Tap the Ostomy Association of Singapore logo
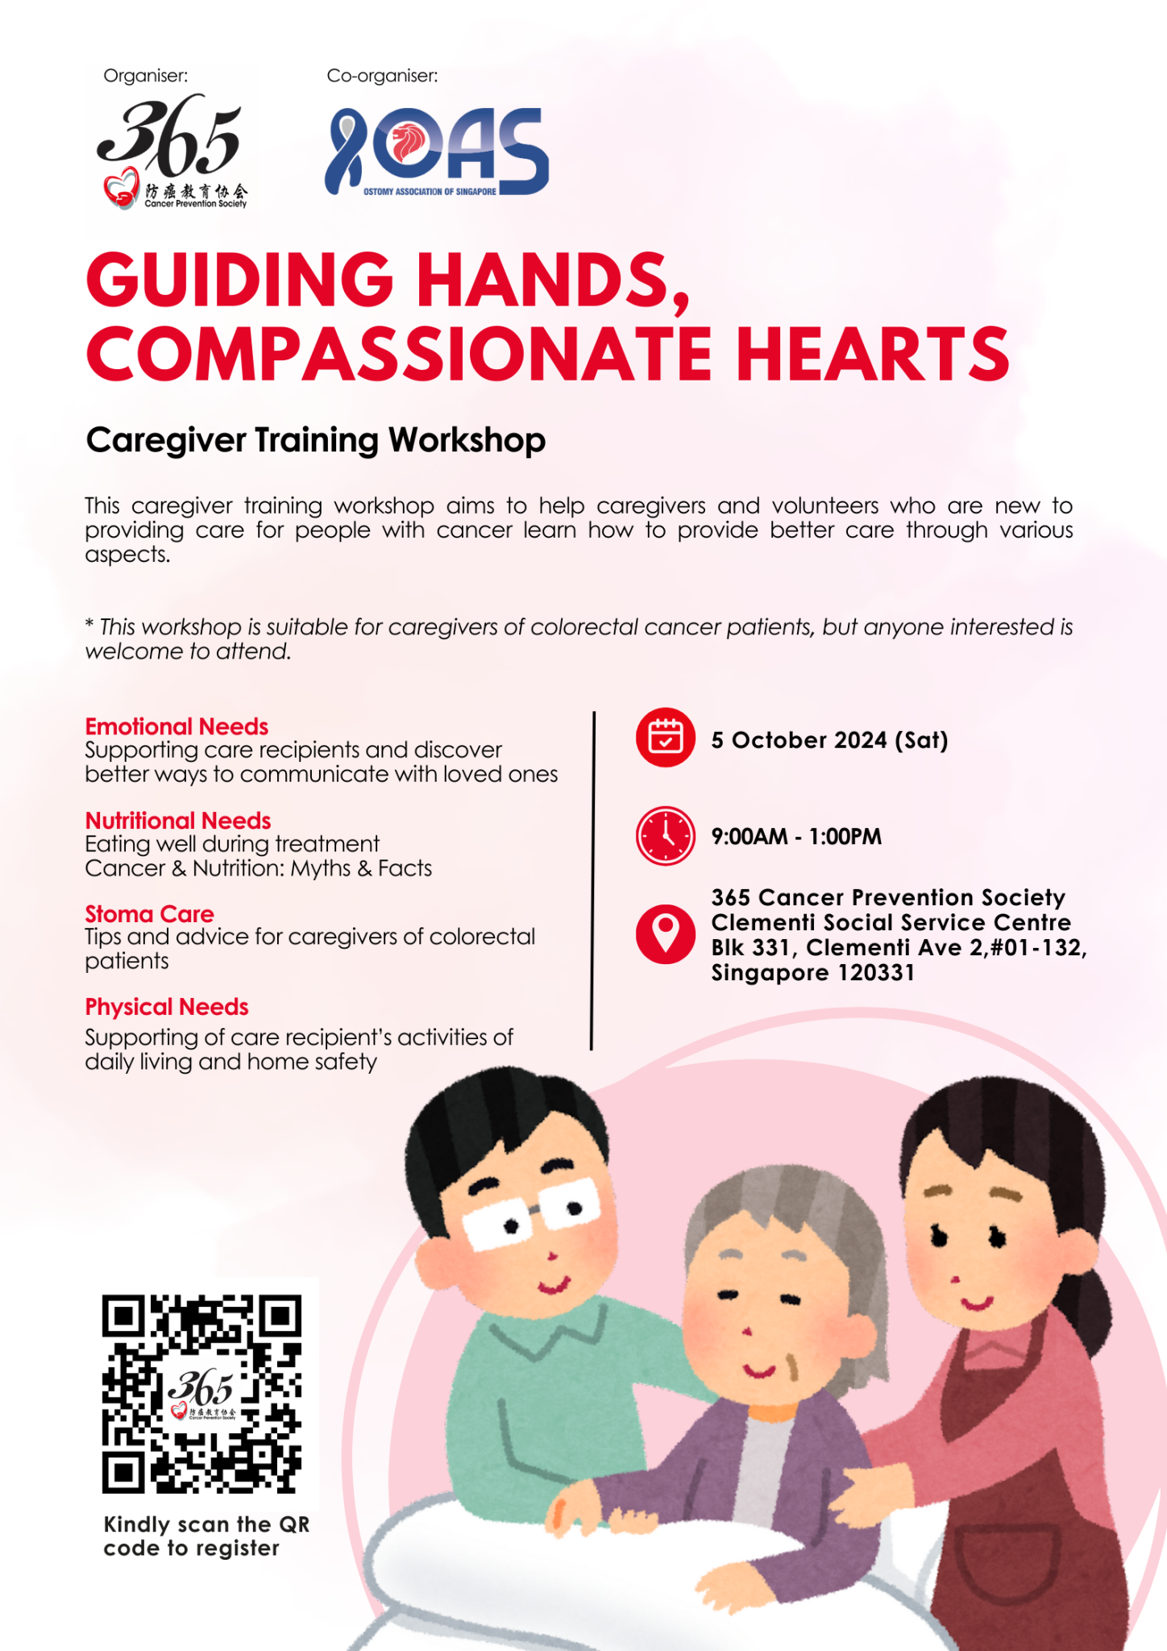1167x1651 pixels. pos(437,152)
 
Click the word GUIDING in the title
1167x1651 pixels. pos(239,279)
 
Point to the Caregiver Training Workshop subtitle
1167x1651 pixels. pos(316,441)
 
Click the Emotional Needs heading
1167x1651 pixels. pos(177,726)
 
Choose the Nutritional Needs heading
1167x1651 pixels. pos(178,821)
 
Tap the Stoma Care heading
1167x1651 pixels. pos(149,914)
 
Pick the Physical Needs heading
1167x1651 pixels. pos(167,1008)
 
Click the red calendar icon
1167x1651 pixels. pos(665,738)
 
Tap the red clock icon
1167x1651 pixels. pos(665,836)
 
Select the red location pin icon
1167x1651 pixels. pos(665,934)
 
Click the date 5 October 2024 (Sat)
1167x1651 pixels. pos(829,740)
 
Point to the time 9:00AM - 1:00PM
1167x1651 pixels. pos(796,837)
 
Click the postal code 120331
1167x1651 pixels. pos(876,972)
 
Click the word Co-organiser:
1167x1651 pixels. pos(382,76)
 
